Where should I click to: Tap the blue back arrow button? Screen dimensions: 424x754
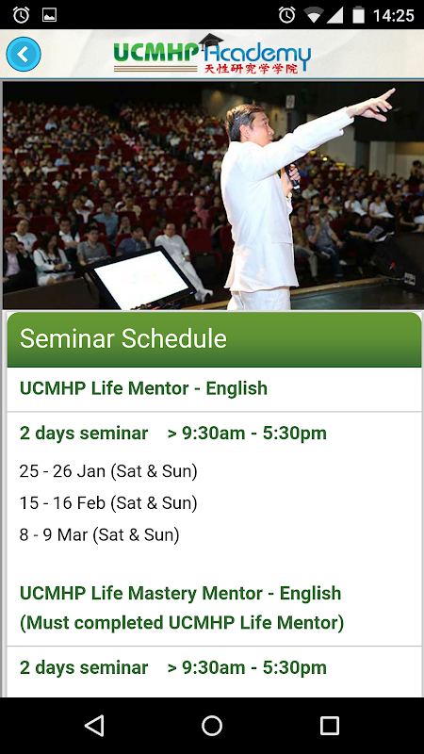point(23,55)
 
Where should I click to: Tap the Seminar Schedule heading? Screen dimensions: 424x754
point(123,338)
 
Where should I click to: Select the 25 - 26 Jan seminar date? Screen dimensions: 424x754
point(108,471)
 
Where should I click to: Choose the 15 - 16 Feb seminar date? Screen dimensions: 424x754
point(108,503)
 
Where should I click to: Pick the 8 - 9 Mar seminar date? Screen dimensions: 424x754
point(99,534)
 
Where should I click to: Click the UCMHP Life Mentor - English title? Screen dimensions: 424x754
point(143,388)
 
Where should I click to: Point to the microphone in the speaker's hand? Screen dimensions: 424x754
point(293,177)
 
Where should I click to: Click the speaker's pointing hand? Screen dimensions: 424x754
point(378,104)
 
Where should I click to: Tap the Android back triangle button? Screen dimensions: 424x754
point(94,725)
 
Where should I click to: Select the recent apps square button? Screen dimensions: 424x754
point(329,725)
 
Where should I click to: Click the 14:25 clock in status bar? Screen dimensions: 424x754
point(393,15)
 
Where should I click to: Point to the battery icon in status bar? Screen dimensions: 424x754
point(358,15)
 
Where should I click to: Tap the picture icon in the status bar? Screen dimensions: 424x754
point(49,15)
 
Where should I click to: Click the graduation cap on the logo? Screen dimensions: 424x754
point(210,41)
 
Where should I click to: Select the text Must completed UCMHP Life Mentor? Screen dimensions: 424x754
point(182,623)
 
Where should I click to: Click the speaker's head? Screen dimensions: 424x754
point(247,126)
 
